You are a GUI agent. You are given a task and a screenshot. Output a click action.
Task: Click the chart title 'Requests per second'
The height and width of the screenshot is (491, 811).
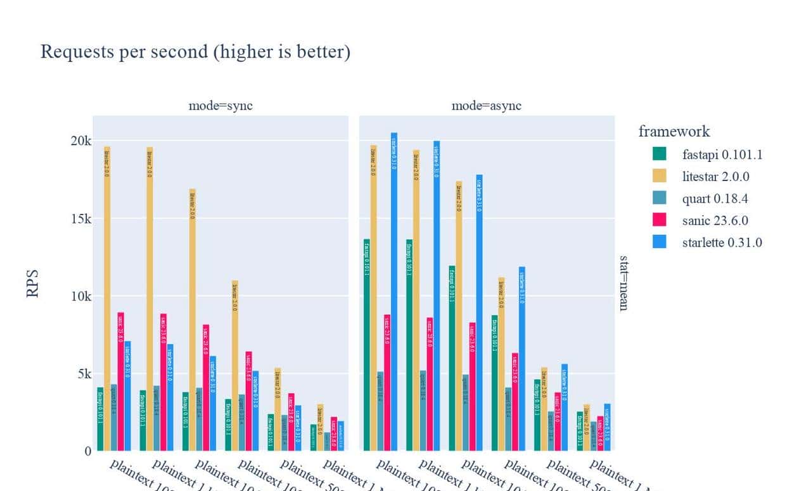click(195, 52)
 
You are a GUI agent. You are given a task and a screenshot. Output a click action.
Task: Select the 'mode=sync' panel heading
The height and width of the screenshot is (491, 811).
click(220, 106)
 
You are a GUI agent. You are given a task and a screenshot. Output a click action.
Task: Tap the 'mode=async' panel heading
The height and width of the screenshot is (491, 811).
click(487, 106)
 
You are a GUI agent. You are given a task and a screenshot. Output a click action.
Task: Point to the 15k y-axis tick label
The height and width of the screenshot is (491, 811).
click(80, 218)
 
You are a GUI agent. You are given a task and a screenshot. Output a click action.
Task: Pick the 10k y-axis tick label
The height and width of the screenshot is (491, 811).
click(80, 296)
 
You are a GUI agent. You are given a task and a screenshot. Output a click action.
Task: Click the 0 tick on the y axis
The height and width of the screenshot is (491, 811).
click(87, 451)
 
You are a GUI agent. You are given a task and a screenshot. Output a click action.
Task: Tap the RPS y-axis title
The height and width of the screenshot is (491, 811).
click(34, 284)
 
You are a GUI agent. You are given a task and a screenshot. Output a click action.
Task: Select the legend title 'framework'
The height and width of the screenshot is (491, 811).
click(674, 132)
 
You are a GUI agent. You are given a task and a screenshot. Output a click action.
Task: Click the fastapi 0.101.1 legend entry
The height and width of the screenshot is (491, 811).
click(722, 154)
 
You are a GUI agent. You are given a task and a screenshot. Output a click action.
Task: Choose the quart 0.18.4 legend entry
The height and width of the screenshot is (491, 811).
click(715, 199)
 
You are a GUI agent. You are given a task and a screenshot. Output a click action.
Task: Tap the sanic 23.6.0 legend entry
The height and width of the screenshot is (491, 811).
click(715, 221)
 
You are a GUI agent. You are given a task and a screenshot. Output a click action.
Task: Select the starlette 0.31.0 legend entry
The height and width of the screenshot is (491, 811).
click(722, 242)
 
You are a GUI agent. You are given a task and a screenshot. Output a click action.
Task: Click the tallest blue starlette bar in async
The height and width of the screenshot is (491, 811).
click(394, 291)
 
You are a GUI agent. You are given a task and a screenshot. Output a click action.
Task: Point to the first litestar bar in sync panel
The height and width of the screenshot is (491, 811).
click(107, 297)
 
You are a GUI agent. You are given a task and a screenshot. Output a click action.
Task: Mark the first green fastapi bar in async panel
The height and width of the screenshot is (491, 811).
click(366, 345)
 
